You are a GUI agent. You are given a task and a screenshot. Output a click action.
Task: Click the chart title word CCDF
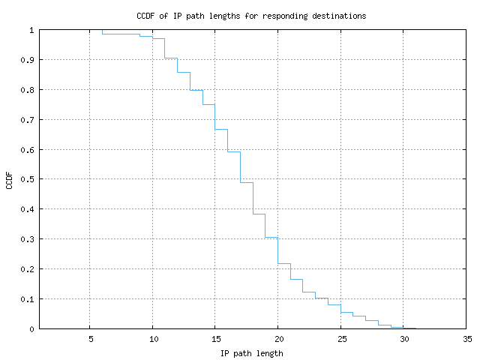[146, 16]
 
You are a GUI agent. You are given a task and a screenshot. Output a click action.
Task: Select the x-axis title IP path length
[252, 353]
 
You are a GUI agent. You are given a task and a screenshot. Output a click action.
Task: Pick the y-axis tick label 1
[31, 30]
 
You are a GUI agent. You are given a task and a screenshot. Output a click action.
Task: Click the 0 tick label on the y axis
[31, 328]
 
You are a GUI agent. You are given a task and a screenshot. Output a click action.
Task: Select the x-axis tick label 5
[90, 338]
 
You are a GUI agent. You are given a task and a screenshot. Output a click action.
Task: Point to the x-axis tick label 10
[152, 338]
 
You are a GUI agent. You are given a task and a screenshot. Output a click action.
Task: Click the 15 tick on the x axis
[215, 338]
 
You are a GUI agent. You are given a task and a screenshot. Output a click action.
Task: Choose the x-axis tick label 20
[277, 338]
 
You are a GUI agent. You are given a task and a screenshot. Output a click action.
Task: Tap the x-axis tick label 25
[340, 338]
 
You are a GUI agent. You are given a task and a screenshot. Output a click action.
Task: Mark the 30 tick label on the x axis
[403, 338]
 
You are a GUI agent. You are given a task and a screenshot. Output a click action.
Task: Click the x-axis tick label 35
[466, 338]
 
